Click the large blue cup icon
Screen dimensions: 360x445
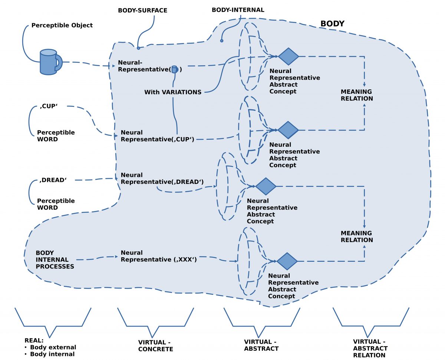(49, 62)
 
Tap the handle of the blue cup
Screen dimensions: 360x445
(59, 62)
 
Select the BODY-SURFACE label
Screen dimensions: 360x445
(142, 10)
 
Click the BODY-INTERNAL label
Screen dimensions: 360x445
(238, 10)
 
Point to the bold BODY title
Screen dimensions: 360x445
(332, 24)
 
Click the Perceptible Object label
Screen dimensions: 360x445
(62, 26)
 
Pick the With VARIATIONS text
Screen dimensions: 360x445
(173, 92)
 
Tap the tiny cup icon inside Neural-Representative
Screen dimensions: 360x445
(175, 69)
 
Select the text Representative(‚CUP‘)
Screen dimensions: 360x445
(158, 139)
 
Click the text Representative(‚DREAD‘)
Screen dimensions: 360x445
(162, 182)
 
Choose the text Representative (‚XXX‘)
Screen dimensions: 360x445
(159, 260)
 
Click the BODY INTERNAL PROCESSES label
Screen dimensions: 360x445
(55, 260)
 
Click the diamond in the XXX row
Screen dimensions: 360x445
(287, 261)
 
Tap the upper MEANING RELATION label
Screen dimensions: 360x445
(357, 95)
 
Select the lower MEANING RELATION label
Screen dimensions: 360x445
(357, 237)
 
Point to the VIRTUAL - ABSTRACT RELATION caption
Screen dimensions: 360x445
(370, 348)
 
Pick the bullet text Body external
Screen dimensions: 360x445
(53, 347)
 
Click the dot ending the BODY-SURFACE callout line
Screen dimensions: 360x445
(138, 48)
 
